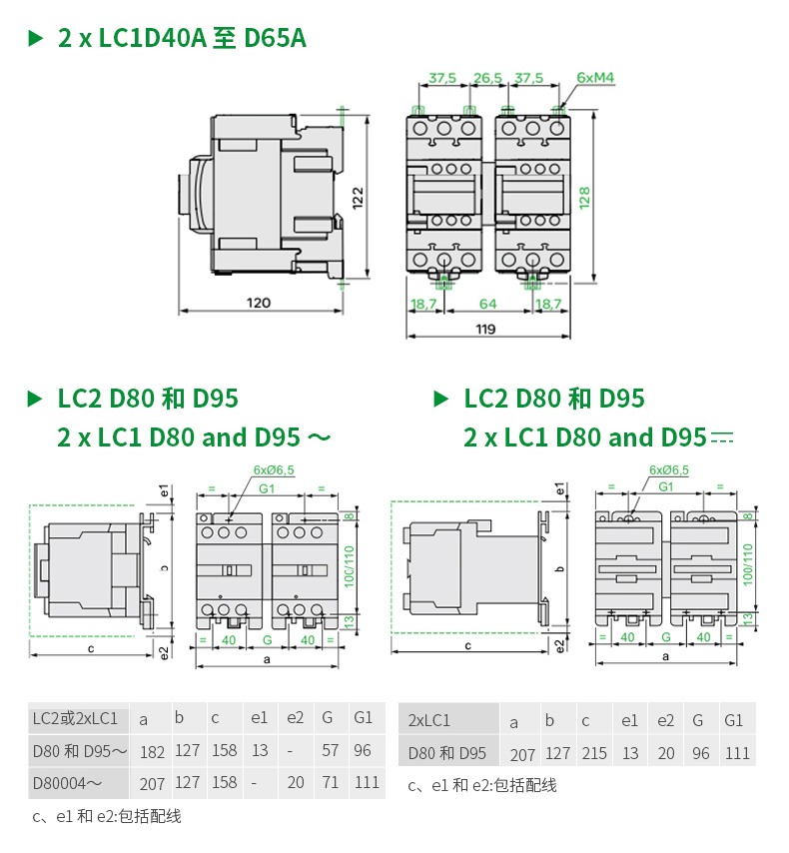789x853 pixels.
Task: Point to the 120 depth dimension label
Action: click(259, 303)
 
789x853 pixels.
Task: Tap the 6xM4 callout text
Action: click(595, 77)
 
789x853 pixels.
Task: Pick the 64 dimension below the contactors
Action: click(486, 303)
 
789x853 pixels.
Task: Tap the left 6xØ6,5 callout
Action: click(274, 469)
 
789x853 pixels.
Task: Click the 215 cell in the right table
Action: click(594, 753)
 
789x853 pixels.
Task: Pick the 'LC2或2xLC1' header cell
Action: click(75, 718)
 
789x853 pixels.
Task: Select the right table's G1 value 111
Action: click(737, 753)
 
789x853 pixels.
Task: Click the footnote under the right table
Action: click(481, 785)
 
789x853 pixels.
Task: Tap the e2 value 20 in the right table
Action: click(666, 753)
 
